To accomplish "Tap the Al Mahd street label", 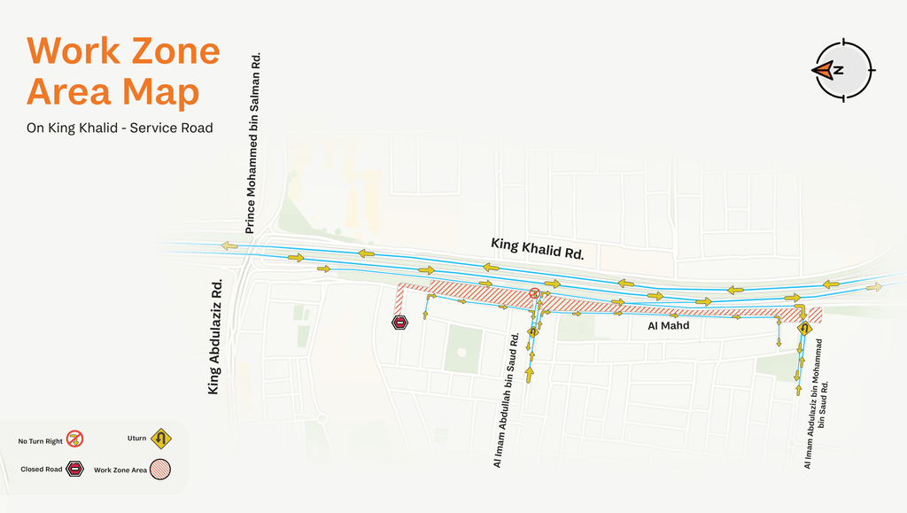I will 670,326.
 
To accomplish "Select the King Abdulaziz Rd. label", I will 214,337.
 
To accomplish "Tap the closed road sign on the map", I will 400,323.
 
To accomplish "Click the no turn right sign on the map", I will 534,293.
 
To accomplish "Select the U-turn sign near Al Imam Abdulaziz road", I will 804,329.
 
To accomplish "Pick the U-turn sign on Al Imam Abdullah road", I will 533,332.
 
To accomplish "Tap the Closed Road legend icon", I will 75,469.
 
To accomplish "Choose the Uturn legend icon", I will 160,438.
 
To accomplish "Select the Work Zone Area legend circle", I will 160,469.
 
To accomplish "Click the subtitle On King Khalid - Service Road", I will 120,128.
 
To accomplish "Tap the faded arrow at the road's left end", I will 229,245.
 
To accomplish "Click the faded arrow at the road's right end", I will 874,287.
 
